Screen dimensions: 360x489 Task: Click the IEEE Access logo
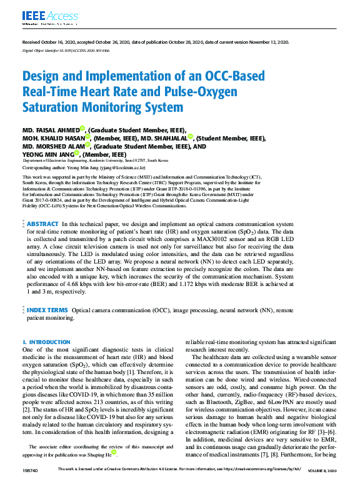point(42,17)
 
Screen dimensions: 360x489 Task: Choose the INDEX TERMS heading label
point(47,310)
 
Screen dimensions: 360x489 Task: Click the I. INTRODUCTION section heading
point(46,342)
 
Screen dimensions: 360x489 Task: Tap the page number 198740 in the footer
point(31,485)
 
